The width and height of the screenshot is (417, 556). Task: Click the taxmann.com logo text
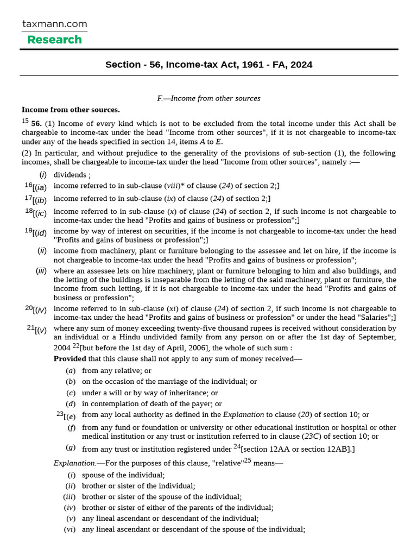coord(54,24)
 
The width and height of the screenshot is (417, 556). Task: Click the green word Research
coord(54,40)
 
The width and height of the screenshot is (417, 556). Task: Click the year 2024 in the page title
coord(301,65)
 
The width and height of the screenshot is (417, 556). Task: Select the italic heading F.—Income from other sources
coord(208,98)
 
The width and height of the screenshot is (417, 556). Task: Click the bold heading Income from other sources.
coord(71,109)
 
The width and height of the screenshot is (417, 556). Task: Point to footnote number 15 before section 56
coord(25,122)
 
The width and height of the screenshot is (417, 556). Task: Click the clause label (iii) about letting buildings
coord(41,271)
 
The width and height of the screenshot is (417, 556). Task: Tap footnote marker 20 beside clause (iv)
coord(28,307)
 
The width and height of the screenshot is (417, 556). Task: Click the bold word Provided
coord(69,358)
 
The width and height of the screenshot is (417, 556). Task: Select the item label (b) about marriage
coord(71,382)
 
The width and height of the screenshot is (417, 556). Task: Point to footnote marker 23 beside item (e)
coord(60,413)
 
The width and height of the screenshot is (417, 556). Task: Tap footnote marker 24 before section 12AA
coord(237,446)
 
